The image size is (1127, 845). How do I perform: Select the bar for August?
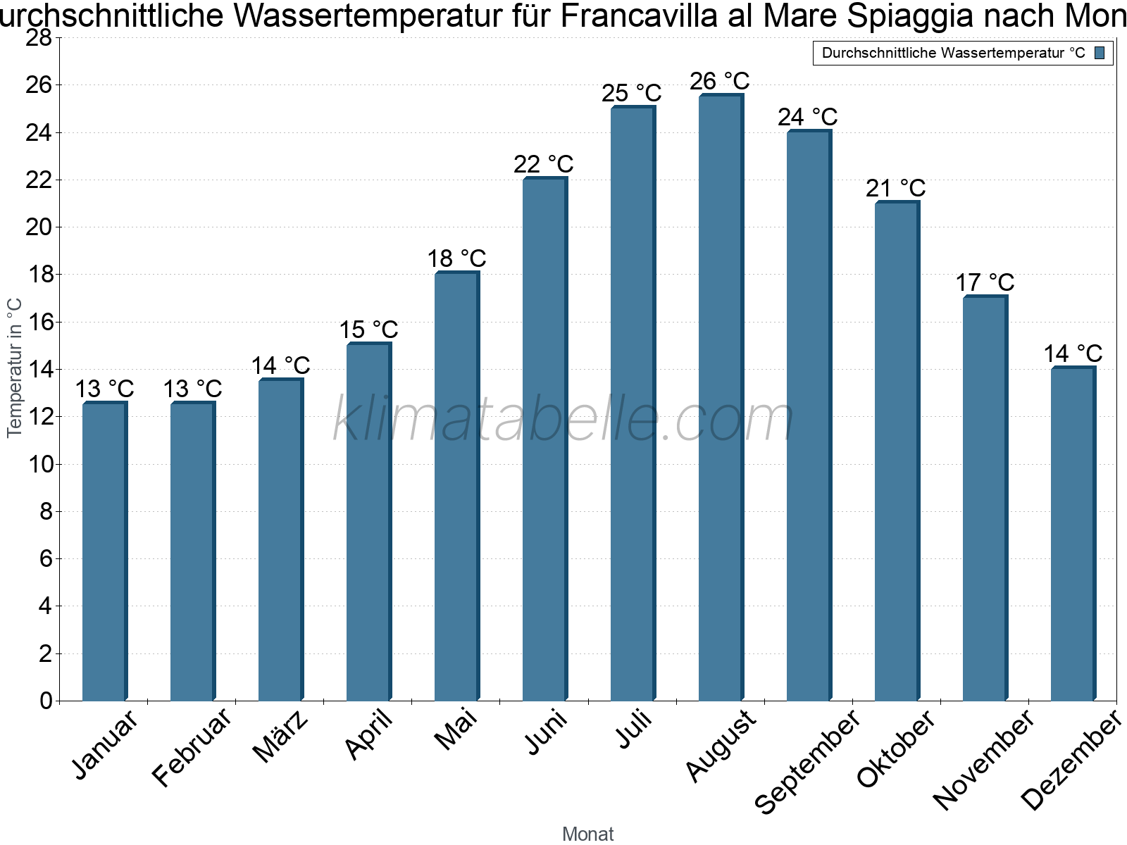click(x=720, y=398)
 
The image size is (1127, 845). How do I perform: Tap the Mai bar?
click(x=456, y=486)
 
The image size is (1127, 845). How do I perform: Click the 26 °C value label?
click(x=720, y=82)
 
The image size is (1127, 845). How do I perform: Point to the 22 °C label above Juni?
click(x=544, y=164)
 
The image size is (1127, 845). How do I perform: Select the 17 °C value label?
click(x=985, y=282)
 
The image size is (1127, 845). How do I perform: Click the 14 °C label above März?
click(x=280, y=365)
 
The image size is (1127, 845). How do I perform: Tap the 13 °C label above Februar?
click(x=192, y=389)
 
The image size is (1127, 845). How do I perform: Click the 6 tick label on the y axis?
click(x=46, y=558)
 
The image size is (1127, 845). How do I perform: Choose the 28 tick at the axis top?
click(x=39, y=38)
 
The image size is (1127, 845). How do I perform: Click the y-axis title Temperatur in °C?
click(x=15, y=368)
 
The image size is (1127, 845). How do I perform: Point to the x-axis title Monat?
click(x=587, y=834)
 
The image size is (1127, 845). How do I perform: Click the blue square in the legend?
click(x=1100, y=53)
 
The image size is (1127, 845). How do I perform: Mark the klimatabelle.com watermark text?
click(x=563, y=420)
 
